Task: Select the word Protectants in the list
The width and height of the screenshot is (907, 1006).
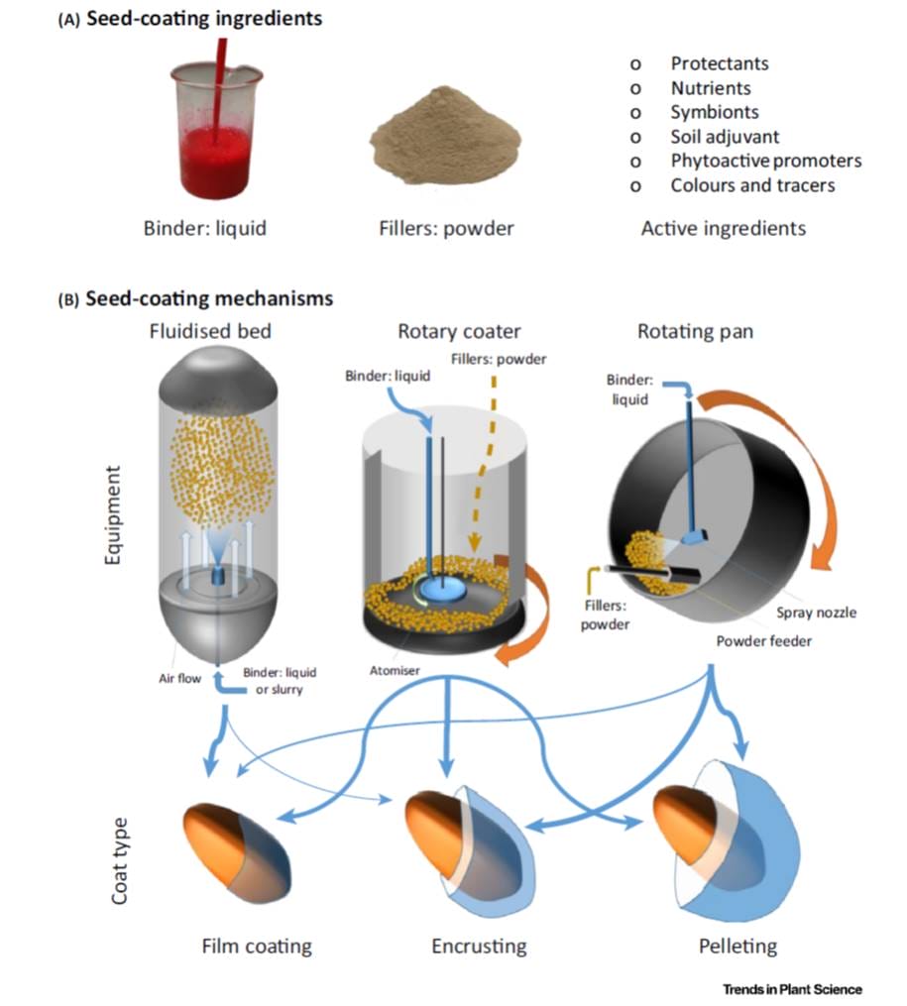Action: tap(719, 63)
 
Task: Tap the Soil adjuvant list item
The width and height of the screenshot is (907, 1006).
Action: tap(725, 136)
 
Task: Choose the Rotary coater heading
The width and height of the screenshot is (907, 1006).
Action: tap(459, 331)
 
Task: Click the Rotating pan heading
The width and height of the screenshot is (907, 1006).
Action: tap(696, 331)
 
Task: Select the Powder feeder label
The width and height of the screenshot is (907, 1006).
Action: tap(763, 640)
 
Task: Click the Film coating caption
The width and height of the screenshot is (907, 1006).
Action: tap(256, 946)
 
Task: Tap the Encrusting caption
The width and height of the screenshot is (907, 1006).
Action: tap(478, 946)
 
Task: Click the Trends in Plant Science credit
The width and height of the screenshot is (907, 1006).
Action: tap(792, 989)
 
